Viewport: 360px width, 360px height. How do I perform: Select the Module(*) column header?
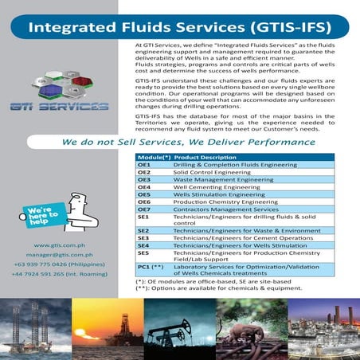[154, 158]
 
